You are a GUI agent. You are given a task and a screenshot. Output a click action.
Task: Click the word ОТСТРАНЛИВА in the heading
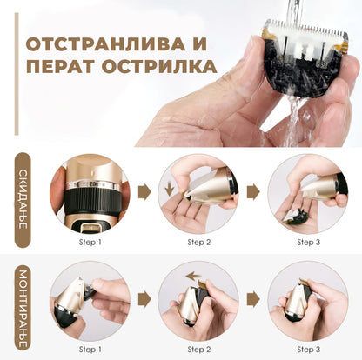(x=105, y=44)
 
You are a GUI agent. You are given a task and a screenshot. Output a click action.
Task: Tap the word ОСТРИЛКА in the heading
(x=159, y=66)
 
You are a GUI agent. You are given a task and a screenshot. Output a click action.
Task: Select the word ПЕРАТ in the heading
(x=60, y=66)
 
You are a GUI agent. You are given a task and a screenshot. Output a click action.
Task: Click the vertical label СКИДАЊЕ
(x=23, y=199)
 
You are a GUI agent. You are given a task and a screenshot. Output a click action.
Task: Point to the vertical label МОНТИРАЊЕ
(x=23, y=309)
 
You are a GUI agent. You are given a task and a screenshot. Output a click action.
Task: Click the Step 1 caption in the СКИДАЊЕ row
(x=90, y=242)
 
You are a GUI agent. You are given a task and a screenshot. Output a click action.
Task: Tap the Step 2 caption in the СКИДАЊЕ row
(x=199, y=242)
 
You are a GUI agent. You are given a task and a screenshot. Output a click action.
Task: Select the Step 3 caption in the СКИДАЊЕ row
(x=309, y=242)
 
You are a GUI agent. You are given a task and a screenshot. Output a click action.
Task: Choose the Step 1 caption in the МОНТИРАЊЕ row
(x=90, y=350)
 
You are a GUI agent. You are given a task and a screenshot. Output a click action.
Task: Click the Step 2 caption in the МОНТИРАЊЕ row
(x=199, y=350)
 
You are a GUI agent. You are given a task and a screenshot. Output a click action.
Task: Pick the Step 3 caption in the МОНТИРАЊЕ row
(x=309, y=350)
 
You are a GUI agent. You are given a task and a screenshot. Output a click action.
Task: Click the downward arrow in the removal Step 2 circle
(x=169, y=189)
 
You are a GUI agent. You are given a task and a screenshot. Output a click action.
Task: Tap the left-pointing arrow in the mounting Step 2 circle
(x=193, y=277)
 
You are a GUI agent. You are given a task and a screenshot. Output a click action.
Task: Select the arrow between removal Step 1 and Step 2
(x=144, y=191)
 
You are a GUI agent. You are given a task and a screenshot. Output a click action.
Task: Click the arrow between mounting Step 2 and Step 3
(x=253, y=299)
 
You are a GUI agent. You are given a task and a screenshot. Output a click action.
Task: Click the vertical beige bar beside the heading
(x=17, y=74)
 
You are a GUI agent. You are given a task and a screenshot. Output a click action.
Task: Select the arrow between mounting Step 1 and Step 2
(x=144, y=299)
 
